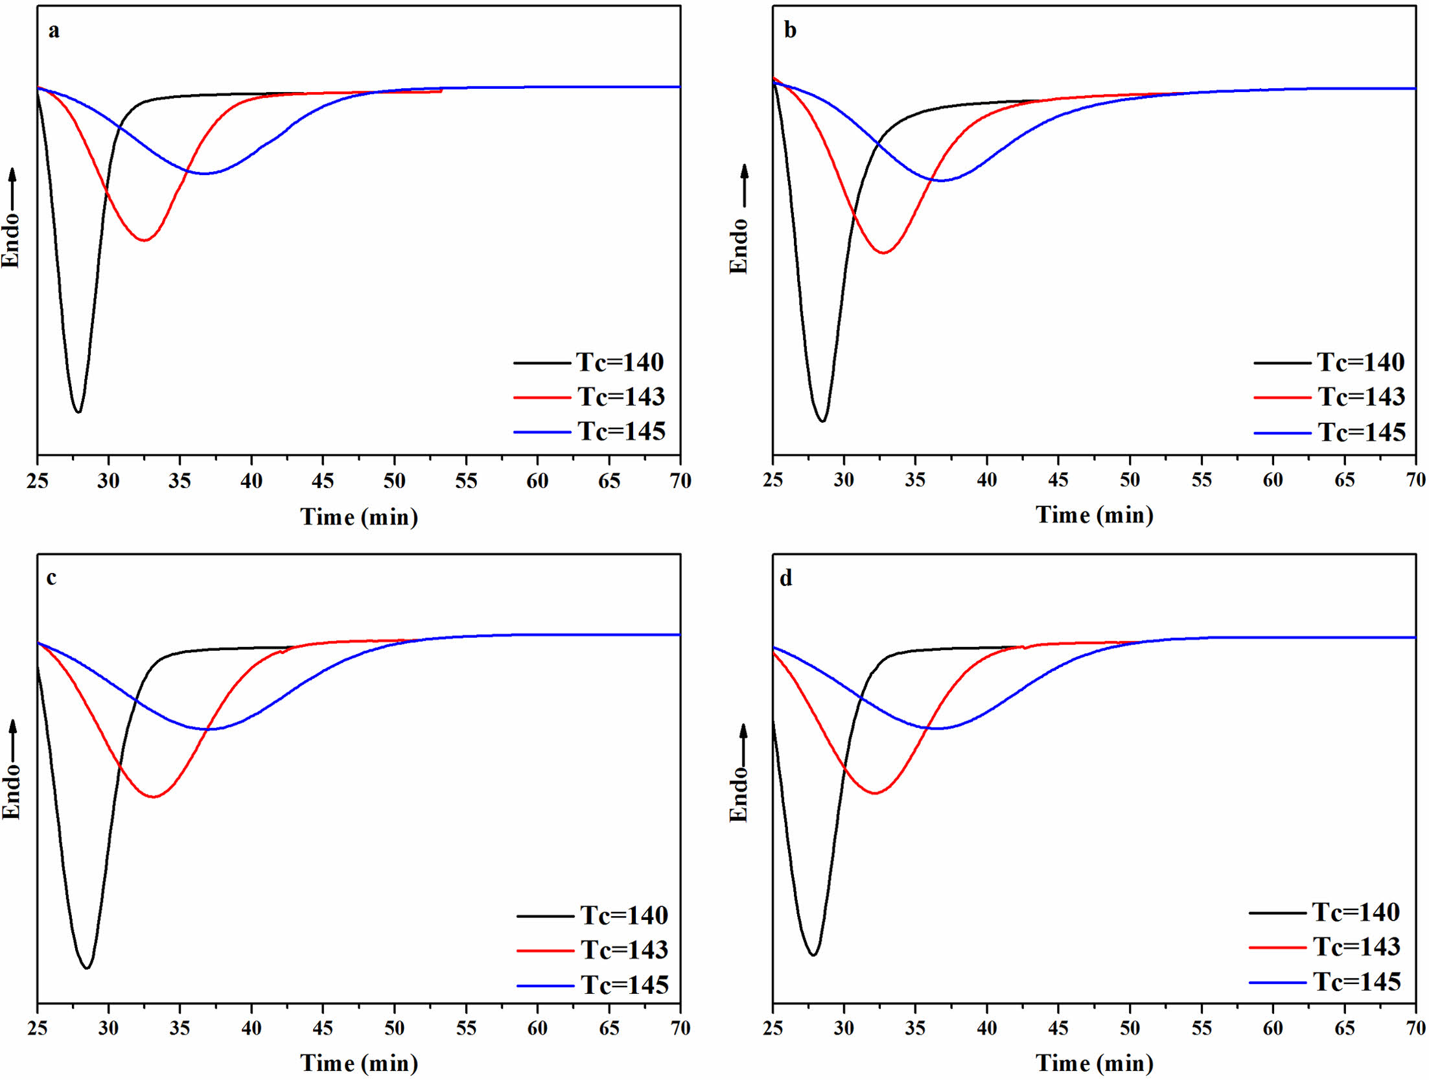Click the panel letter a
pos(54,31)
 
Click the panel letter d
pos(785,578)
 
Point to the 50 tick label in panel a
pos(394,481)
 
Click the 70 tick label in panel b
pos(1415,480)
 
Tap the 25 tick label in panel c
pos(37,1027)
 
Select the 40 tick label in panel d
pos(986,1027)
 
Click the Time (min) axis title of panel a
pos(359,517)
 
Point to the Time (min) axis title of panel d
pos(1095,1063)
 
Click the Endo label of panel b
pos(739,246)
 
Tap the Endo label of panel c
pos(12,791)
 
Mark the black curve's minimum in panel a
pos(78,412)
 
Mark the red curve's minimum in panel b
pos(883,253)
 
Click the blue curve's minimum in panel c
pos(209,729)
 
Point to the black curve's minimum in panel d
pos(813,955)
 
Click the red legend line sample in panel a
pos(541,397)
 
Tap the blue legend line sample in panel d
pos(1277,983)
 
